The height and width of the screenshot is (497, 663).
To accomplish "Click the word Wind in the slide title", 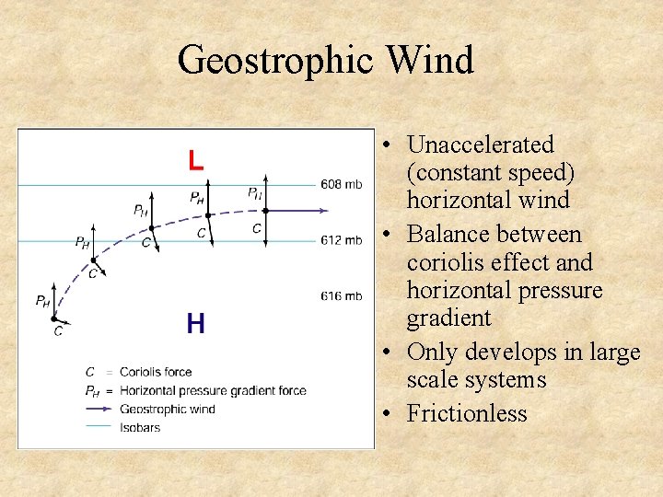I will pos(430,61).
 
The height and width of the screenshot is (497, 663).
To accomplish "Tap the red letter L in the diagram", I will pos(195,161).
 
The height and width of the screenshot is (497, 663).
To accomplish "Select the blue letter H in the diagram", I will pos(195,323).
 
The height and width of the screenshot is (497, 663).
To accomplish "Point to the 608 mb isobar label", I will pos(341,184).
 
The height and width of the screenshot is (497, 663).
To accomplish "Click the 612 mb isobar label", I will pos(341,240).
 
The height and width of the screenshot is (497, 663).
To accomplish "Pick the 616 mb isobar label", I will pos(341,295).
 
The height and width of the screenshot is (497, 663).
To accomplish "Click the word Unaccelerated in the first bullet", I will pos(480,144).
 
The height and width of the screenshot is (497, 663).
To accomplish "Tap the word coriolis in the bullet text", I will pos(446,263).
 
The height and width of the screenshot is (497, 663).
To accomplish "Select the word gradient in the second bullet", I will pos(448,318).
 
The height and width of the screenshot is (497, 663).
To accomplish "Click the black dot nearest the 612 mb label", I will pos(265,211).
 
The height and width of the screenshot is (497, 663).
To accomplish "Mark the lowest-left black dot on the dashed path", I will pos(54,318).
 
